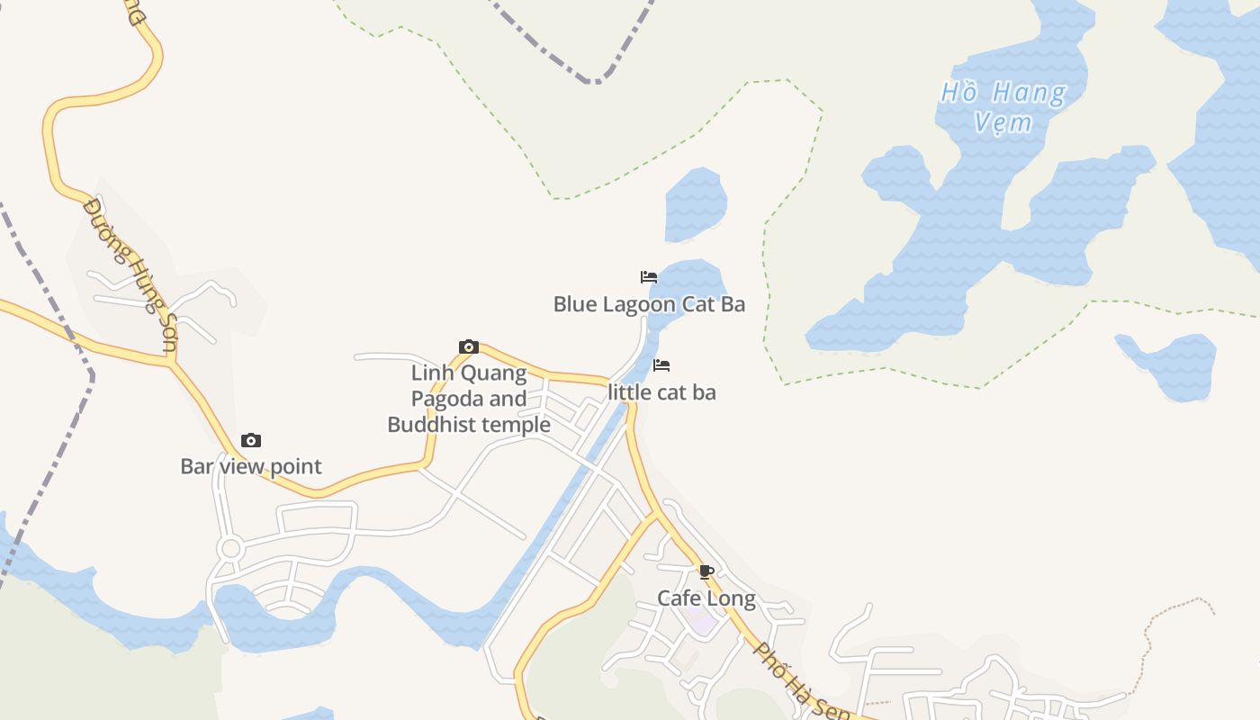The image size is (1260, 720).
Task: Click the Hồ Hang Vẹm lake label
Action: coord(1003,106)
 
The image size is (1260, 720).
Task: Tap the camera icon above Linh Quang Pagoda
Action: coord(468,347)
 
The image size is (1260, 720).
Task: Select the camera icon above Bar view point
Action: coord(251,440)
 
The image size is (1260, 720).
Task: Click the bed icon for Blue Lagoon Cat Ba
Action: coord(649,276)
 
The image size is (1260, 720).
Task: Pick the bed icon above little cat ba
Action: coord(661,364)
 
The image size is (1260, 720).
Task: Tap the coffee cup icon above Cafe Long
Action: coord(706,571)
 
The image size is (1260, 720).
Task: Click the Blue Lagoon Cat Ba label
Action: coord(649,304)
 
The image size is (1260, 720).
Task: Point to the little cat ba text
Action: coord(661,392)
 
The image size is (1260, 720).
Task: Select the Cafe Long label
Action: coord(706,598)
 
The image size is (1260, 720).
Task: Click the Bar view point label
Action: coord(251,466)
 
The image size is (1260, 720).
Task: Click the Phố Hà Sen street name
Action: coord(802,680)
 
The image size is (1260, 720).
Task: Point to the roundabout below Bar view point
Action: coord(230,548)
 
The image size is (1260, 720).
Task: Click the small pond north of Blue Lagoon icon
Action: coord(695,204)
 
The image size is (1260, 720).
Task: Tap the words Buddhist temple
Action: coord(469,425)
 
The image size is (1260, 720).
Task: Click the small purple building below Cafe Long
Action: coord(699,621)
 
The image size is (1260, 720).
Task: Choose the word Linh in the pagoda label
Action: coord(430,373)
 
